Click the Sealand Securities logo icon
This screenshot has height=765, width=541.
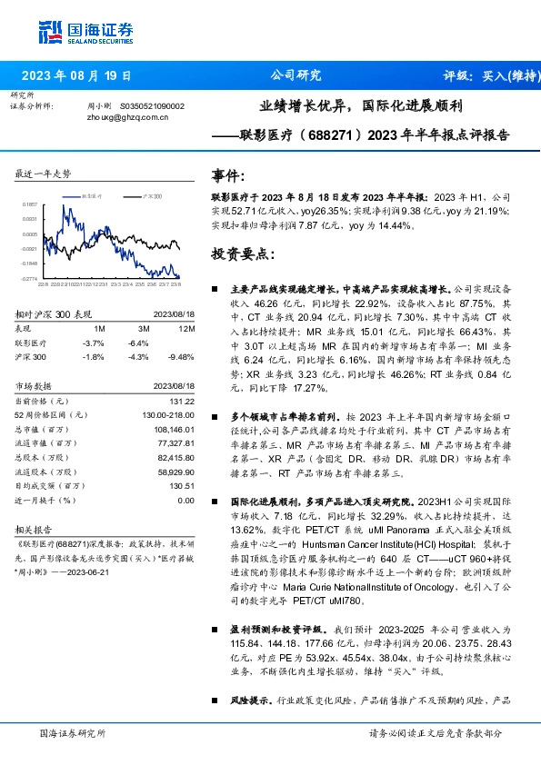point(51,31)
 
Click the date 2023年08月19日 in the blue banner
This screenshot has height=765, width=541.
point(75,76)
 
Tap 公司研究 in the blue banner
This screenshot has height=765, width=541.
point(296,76)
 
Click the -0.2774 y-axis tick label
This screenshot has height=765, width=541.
point(29,278)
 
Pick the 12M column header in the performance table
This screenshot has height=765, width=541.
point(187,328)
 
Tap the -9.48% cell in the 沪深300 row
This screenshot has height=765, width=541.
point(183,356)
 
